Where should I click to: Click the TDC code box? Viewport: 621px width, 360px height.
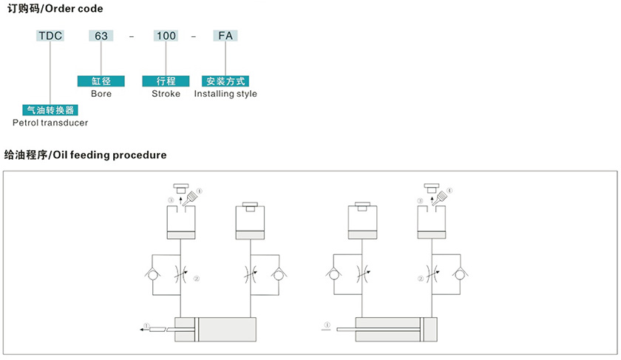click(50, 35)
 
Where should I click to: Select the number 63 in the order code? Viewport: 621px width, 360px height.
click(101, 35)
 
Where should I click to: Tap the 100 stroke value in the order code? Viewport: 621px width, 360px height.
click(166, 35)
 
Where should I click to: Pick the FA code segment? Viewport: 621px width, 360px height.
click(225, 35)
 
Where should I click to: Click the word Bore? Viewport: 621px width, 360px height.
click(101, 94)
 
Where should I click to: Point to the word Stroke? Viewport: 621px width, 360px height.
click(166, 94)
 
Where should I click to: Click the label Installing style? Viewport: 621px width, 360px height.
click(225, 94)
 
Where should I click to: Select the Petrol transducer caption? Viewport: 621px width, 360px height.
click(50, 122)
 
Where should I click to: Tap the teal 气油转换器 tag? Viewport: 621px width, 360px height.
click(50, 109)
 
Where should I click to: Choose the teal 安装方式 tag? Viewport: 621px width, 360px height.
click(225, 81)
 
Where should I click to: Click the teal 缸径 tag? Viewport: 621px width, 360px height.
click(101, 81)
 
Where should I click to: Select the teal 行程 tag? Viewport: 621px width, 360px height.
click(166, 81)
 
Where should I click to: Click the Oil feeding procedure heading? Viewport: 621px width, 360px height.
click(85, 155)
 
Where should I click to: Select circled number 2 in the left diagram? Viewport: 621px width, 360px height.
click(197, 279)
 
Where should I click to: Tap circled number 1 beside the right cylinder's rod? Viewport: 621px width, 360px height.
click(326, 325)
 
